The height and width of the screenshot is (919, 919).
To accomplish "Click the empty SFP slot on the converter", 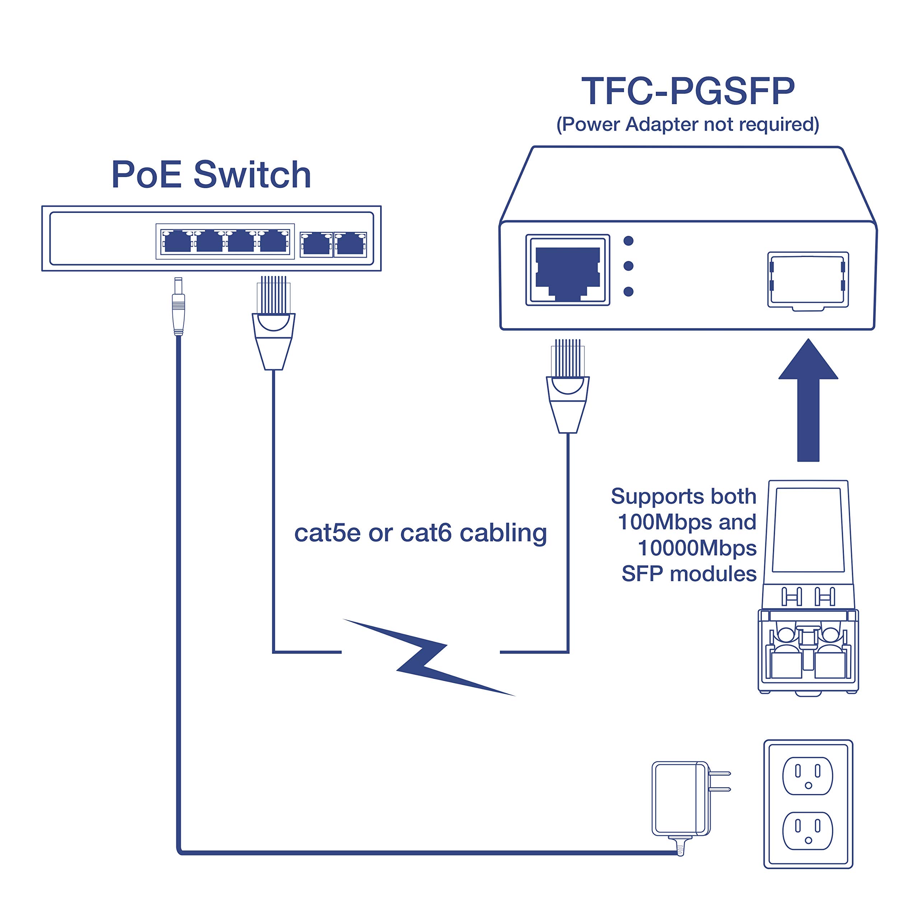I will tap(808, 280).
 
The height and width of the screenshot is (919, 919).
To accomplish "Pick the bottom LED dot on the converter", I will tap(628, 291).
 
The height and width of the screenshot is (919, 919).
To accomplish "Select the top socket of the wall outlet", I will tap(808, 776).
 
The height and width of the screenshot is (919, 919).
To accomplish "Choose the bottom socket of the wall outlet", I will tap(808, 831).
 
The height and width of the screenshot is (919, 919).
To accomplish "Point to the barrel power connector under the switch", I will tap(178, 307).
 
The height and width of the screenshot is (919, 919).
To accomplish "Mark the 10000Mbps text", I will tap(697, 548).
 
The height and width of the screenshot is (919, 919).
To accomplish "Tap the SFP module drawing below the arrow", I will tap(808, 587).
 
